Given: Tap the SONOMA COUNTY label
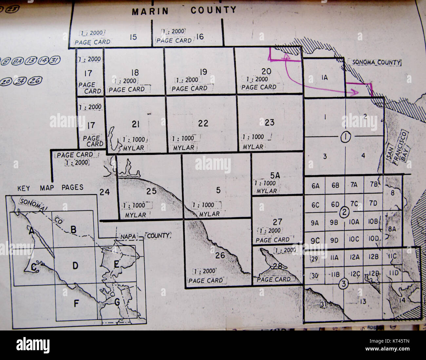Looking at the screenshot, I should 377,62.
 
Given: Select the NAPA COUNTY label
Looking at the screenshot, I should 144,236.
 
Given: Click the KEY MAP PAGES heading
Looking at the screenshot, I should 50,188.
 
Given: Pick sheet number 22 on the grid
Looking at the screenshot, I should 203,123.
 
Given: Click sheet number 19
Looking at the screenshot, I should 203,72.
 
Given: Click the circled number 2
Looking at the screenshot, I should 344,212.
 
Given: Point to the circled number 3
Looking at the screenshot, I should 343,284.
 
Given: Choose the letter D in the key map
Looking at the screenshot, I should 75,266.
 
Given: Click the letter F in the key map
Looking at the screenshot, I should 76,304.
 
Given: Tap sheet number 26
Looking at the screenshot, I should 220,255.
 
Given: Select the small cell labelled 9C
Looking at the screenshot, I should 315,241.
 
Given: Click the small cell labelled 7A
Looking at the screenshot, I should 354,185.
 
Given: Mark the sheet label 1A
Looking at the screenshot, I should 324,77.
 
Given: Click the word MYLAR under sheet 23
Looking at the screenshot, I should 253,147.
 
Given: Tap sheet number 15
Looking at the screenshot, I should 133,37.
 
